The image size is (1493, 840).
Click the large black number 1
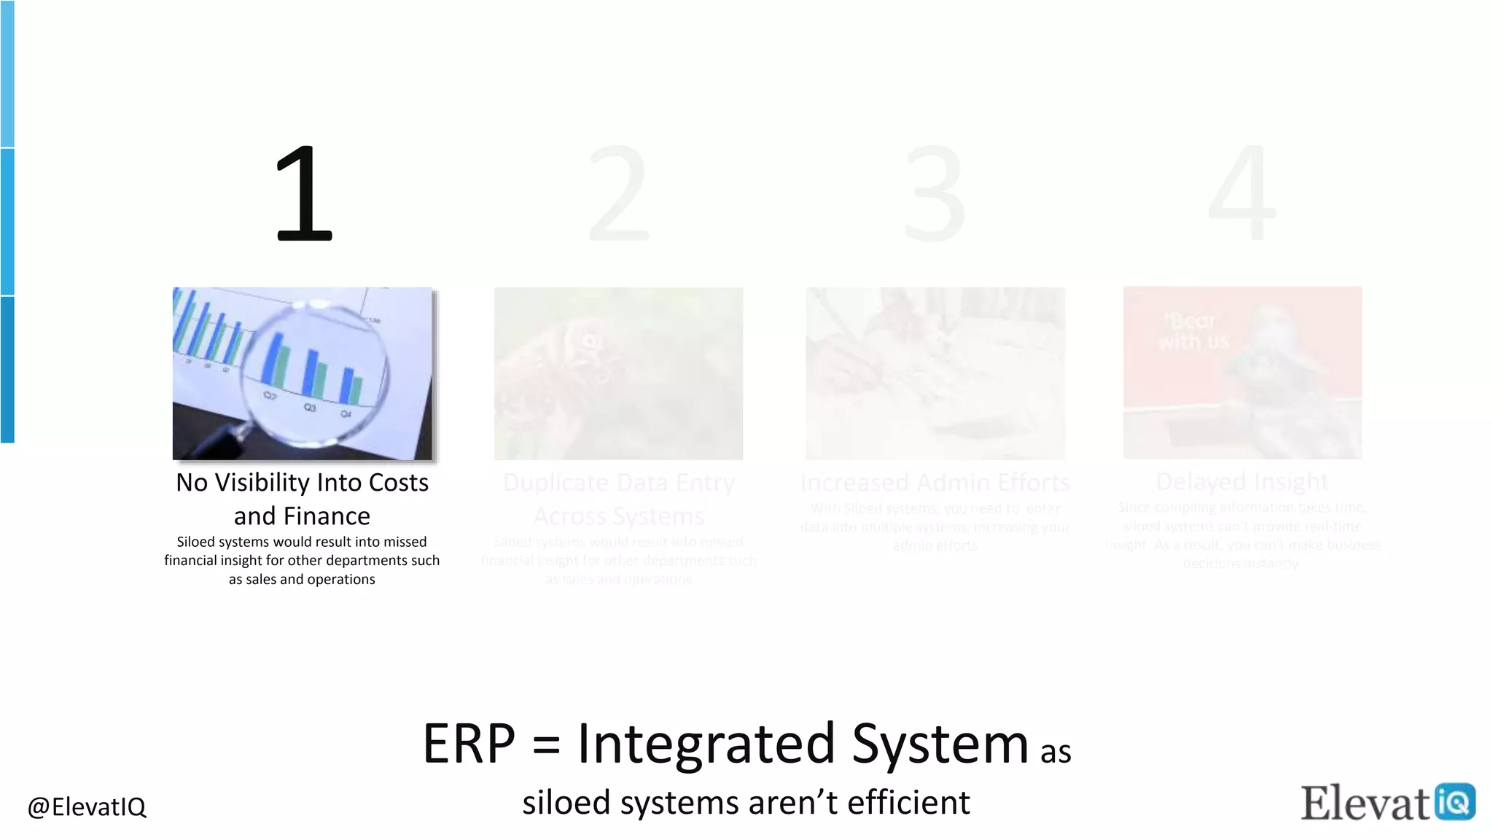pos(305,194)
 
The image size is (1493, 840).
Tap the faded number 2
pos(618,194)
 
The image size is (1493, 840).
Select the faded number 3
pos(935,194)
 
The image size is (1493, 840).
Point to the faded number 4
pos(1242,194)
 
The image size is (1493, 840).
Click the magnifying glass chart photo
pos(302,373)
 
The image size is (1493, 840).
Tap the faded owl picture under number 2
pos(618,373)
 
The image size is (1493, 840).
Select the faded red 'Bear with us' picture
pos(1242,373)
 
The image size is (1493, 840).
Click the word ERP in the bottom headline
pos(469,744)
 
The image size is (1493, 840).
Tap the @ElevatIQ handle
pos(87,806)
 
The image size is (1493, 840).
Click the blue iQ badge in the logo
pos(1454,801)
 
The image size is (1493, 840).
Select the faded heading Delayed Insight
pos(1242,482)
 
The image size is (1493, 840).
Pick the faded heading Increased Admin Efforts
pos(935,483)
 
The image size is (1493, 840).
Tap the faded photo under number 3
pos(935,373)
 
